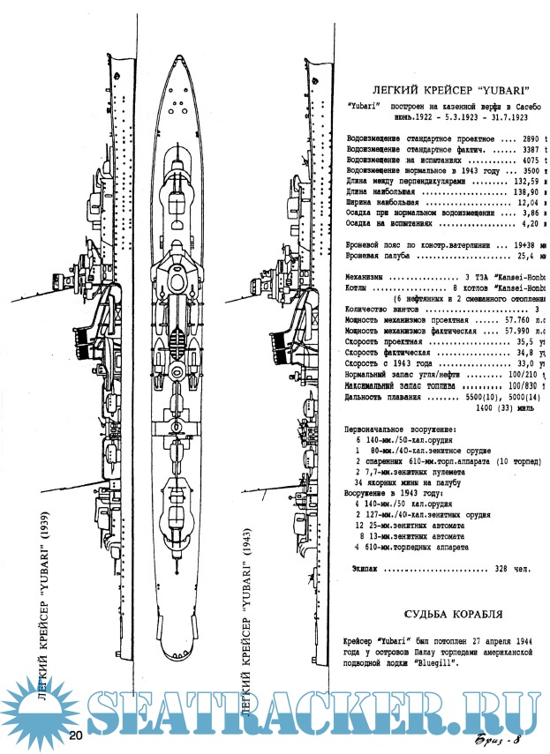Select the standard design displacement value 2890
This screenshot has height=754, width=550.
pyautogui.click(x=528, y=140)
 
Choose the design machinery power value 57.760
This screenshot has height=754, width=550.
pyautogui.click(x=516, y=318)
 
